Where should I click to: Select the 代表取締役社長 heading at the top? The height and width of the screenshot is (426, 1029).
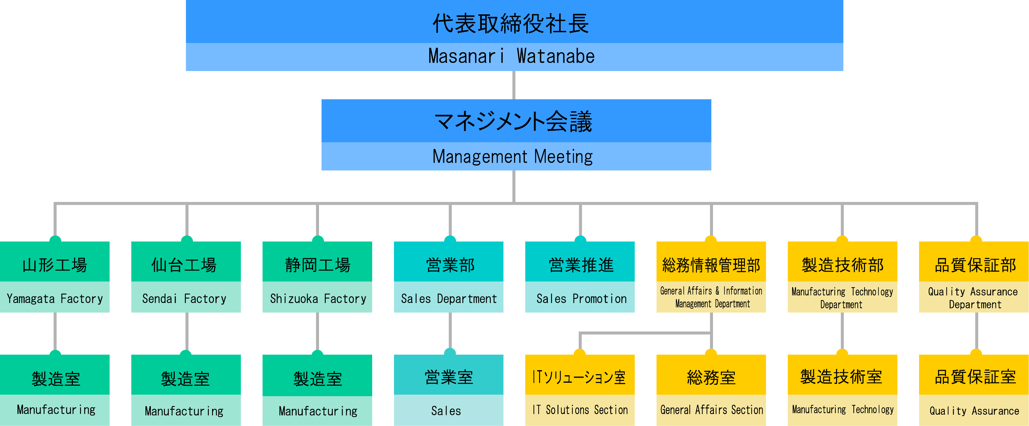pos(511,23)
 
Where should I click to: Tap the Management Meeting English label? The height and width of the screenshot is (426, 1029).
pos(513,156)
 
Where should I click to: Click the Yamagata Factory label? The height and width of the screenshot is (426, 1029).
pos(55,298)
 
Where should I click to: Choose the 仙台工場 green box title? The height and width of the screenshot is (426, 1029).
pos(184,265)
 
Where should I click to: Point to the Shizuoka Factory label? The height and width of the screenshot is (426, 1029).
pos(318,298)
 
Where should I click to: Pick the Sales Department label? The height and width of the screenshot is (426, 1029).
pos(449,298)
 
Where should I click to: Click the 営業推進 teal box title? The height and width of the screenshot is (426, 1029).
pos(581,265)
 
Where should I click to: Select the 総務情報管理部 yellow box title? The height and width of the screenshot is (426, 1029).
pos(711,265)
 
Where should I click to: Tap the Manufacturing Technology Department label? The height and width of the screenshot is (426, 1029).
pos(842,298)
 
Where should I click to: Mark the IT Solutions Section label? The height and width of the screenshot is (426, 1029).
pos(580,410)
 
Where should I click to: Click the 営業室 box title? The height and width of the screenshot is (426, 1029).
pos(449,377)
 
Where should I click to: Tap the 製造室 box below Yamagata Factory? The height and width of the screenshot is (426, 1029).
pos(56,379)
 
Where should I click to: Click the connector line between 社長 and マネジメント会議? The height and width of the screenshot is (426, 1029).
pos(514,85)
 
